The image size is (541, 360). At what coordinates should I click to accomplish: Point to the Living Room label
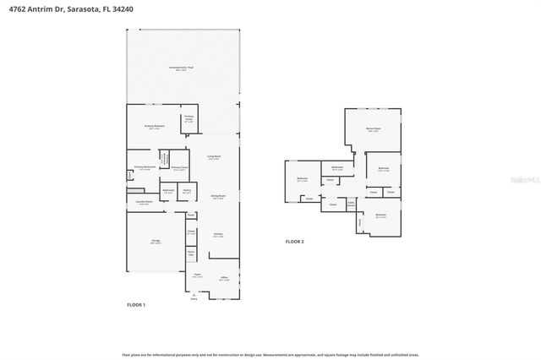click(214, 156)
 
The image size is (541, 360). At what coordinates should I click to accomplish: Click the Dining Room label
click(217, 197)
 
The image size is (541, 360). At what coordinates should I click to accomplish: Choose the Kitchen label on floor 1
click(217, 235)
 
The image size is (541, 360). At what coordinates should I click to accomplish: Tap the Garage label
click(156, 242)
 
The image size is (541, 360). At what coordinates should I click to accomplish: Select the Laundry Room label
click(144, 202)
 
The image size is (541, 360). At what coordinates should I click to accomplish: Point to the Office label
click(224, 277)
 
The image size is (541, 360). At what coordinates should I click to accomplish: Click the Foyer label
click(196, 275)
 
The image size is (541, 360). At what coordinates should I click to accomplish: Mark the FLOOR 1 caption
click(136, 303)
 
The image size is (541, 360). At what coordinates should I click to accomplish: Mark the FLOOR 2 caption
click(293, 242)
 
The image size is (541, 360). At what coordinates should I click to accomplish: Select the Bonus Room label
click(372, 129)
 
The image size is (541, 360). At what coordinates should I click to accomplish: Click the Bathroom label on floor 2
click(337, 168)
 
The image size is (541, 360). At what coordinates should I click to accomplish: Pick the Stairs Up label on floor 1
click(191, 254)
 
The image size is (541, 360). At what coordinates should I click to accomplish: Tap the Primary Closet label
click(179, 168)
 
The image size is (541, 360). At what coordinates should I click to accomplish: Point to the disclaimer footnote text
click(270, 355)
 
